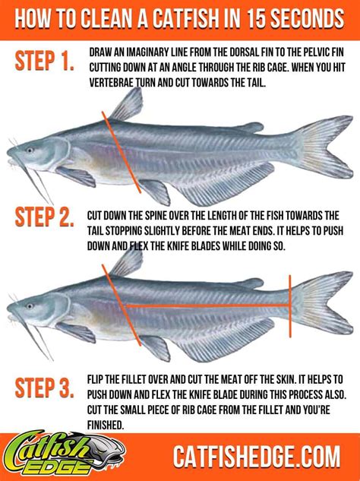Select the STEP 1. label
click(44, 63)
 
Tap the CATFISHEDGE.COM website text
click(256, 457)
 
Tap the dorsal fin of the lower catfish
click(129, 262)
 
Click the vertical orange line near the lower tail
click(289, 304)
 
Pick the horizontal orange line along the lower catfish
click(205, 305)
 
